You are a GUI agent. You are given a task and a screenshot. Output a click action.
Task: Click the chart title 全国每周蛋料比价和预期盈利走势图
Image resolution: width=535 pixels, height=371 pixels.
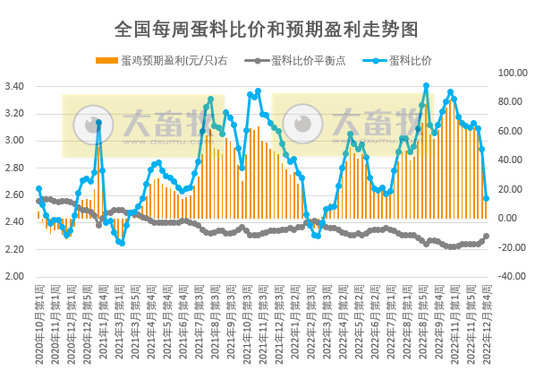pos(267,29)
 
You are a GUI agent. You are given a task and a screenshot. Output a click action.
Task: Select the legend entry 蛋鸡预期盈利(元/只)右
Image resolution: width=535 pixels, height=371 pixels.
pos(171,61)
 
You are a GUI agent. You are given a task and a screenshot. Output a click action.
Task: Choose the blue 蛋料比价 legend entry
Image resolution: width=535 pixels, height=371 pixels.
pos(411,61)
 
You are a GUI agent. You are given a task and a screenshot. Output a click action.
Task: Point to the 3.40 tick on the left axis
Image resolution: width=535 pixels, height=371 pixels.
pos(15,86)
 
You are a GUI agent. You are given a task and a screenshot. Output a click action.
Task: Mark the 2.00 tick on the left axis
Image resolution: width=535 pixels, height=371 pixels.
pos(15,276)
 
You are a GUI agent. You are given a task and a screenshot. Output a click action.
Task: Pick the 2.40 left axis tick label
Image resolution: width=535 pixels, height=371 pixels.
pos(15,222)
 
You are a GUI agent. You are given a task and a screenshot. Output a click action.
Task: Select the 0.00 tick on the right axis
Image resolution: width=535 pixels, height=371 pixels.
pos(508,218)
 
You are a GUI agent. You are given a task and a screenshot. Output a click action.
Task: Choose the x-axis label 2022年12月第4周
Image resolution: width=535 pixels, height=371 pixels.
pos(486,321)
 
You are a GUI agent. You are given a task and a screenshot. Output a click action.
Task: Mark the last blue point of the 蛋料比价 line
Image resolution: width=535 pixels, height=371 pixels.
pos(486,198)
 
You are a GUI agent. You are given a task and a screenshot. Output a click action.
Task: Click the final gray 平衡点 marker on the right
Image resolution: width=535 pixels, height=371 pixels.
pos(486,237)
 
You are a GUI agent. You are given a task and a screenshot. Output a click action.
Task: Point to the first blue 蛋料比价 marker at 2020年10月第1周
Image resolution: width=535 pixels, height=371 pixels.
pos(38,189)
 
